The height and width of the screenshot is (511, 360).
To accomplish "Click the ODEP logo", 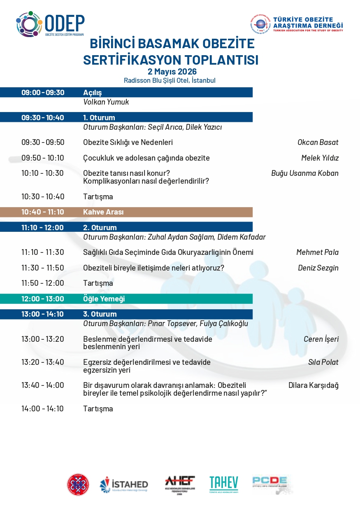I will tap(50, 24).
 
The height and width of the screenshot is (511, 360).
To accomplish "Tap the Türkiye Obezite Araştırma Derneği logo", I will tap(296, 24).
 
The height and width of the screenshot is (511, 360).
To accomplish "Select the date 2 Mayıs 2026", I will tap(170, 72).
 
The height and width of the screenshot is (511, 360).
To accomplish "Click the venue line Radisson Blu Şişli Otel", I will tap(170, 81).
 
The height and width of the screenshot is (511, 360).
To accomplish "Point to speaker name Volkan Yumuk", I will tap(106, 102).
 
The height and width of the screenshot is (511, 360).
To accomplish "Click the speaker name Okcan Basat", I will tap(318, 142).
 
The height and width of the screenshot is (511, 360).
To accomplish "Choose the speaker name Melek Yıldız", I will tap(320, 158).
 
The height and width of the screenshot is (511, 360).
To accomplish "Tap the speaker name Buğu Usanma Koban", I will tap(304, 173).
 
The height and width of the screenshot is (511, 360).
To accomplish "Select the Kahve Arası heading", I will tap(103, 212).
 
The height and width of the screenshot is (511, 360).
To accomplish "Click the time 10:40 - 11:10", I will tap(43, 212).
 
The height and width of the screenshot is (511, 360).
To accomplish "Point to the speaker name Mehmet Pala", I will tap(317, 252).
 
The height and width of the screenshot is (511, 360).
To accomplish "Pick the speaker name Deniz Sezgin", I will tap(318, 268).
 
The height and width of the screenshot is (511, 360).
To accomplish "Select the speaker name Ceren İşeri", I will tap(321, 339).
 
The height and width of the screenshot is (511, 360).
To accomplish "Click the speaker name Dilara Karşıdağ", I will tap(314, 386).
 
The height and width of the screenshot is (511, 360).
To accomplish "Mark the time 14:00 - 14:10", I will tap(43, 409).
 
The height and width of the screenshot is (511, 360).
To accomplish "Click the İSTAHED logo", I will tap(124, 485).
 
